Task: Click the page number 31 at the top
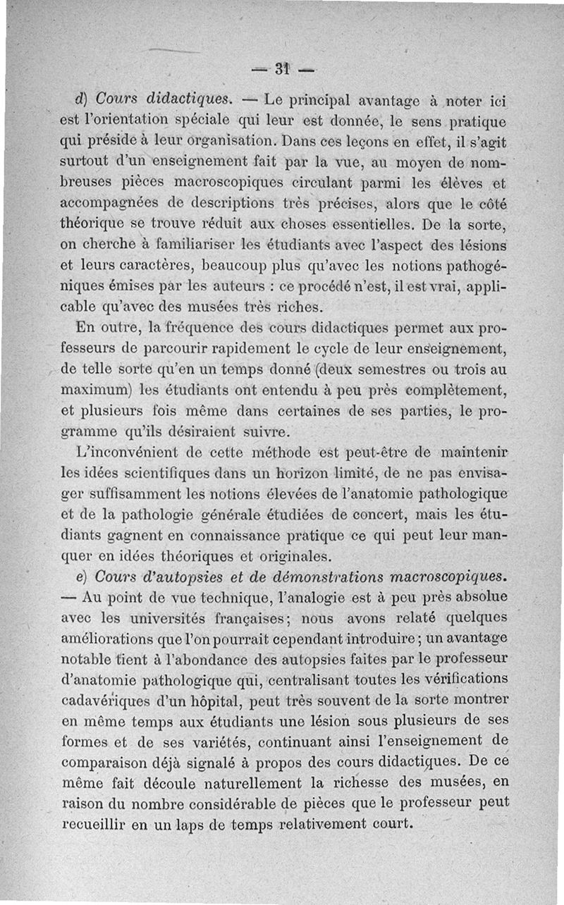(x=283, y=69)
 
